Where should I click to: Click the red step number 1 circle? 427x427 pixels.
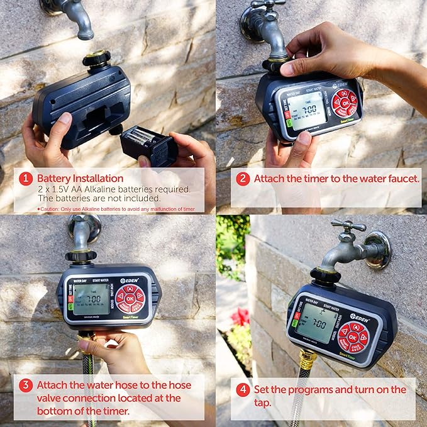(x=25, y=179)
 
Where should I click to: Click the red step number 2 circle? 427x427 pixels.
(x=243, y=179)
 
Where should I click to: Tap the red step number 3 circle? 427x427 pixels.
(x=25, y=385)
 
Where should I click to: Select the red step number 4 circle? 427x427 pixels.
(x=243, y=389)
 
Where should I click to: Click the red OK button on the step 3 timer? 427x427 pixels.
(x=130, y=299)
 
